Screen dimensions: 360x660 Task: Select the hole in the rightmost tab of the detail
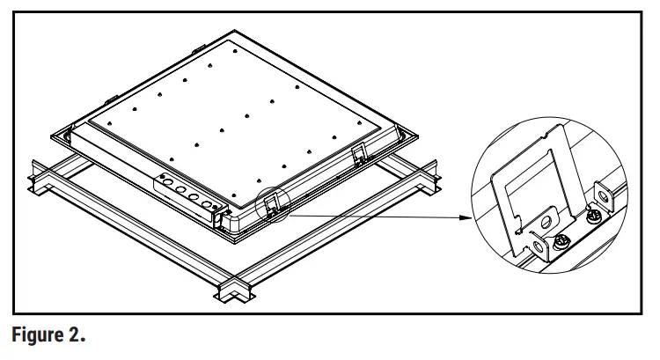click(604, 193)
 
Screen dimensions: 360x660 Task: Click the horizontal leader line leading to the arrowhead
click(370, 214)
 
